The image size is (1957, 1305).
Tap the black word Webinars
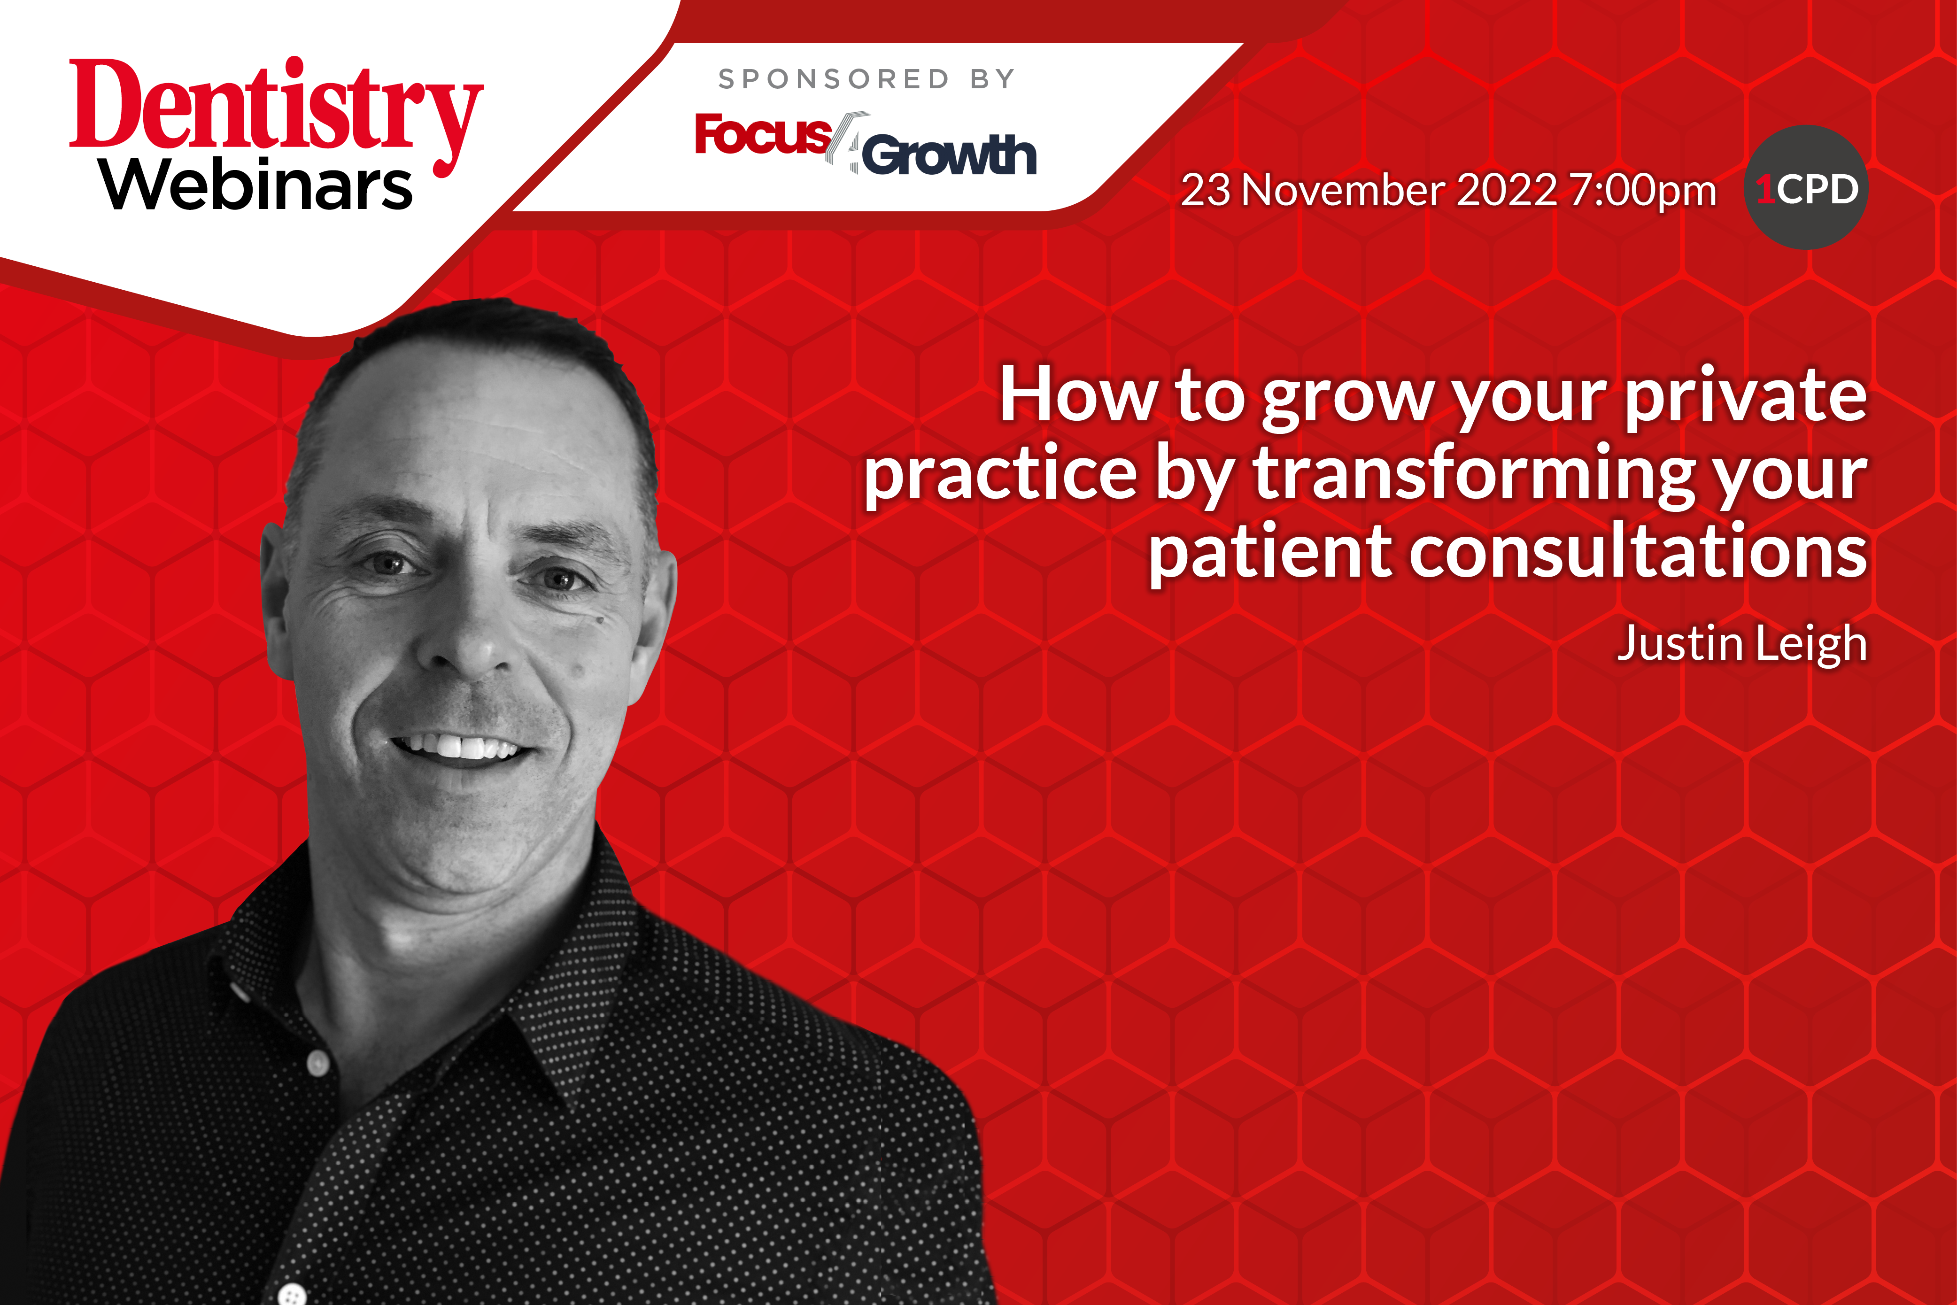coord(256,184)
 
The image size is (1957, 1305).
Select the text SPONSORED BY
coord(866,79)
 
